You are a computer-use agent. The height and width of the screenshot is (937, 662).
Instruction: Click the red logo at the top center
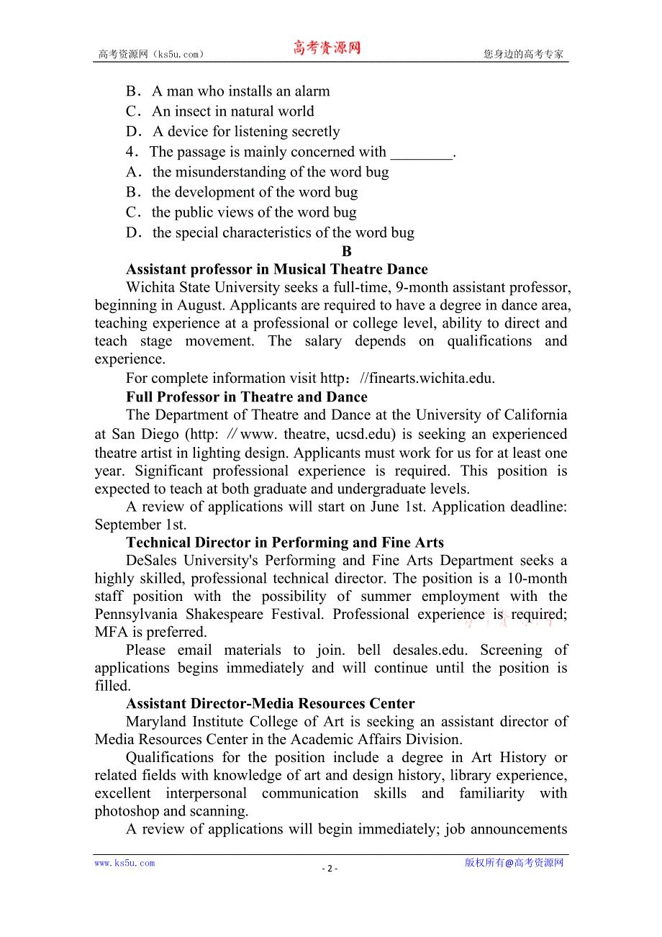pos(326,48)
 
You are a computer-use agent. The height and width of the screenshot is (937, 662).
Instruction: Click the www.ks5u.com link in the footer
pos(124,863)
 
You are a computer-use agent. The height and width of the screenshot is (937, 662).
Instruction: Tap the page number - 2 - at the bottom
pos(330,868)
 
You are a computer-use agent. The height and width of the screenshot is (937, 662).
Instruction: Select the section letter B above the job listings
pos(347,251)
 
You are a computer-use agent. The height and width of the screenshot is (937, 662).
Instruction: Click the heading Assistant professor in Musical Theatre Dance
pos(276,269)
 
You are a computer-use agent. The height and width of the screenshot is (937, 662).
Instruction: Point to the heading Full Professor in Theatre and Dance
pos(246,397)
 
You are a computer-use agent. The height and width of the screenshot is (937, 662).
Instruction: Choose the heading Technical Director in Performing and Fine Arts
pos(284,543)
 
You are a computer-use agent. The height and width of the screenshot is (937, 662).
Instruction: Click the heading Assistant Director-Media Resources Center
pos(270,704)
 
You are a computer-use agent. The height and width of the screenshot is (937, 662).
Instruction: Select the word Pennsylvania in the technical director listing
pos(137,614)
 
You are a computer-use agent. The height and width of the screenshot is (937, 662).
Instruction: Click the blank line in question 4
pos(421,152)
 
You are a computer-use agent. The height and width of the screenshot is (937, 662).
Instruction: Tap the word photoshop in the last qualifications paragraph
pos(127,811)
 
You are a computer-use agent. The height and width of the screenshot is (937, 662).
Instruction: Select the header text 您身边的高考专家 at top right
pos(524,54)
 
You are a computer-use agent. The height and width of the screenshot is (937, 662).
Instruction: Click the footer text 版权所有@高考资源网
pos(514,863)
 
